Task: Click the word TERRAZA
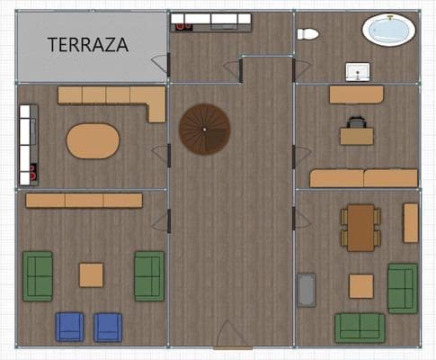point(87,43)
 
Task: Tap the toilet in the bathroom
point(307,34)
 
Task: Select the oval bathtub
point(389,30)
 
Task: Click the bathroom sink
point(358,70)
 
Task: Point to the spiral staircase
point(205,129)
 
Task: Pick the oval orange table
point(93,140)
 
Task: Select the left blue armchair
point(69,326)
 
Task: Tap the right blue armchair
point(108,326)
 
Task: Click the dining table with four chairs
point(360,227)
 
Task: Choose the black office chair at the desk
point(357,121)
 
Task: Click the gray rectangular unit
point(307,290)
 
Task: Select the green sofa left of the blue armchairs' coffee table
point(38,275)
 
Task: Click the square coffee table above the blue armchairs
point(91,274)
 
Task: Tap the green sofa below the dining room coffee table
point(360,327)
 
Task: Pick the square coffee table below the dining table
point(361,286)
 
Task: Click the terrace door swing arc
point(160,65)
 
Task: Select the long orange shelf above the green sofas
point(84,201)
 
